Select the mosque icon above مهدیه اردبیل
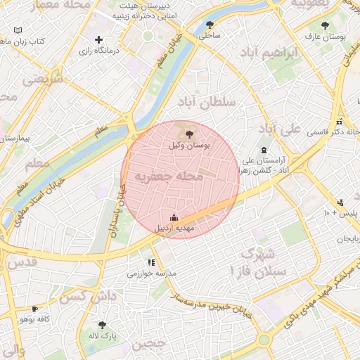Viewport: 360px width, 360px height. tap(174, 218)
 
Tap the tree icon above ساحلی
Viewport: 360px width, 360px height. tap(208, 25)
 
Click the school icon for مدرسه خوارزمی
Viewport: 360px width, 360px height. tap(150, 262)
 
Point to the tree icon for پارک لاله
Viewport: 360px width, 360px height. tap(103, 326)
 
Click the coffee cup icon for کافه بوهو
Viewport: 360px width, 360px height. tap(34, 309)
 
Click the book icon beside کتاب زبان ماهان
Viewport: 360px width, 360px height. tap(18, 32)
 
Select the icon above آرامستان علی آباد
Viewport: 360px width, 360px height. tap(264, 150)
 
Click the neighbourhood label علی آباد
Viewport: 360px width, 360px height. tap(279, 129)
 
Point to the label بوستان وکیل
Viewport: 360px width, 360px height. tap(190, 145)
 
